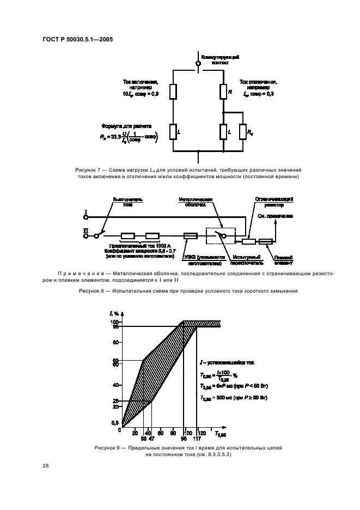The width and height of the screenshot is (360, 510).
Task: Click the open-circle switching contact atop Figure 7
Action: click(x=198, y=64)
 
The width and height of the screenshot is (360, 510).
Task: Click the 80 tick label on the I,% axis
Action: click(x=115, y=343)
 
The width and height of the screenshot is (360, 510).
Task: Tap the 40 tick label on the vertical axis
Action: click(x=115, y=385)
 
